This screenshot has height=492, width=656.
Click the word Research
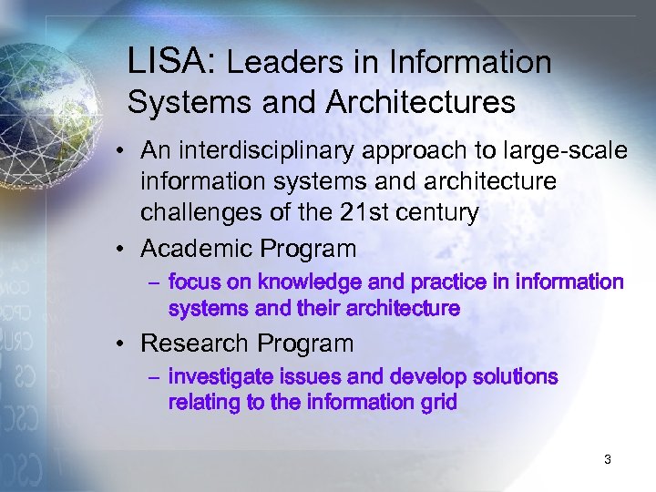pyautogui.click(x=194, y=343)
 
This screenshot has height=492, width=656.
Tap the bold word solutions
pyautogui.click(x=513, y=377)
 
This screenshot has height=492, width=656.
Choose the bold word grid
pyautogui.click(x=438, y=402)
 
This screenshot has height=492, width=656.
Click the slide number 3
pyautogui.click(x=607, y=460)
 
